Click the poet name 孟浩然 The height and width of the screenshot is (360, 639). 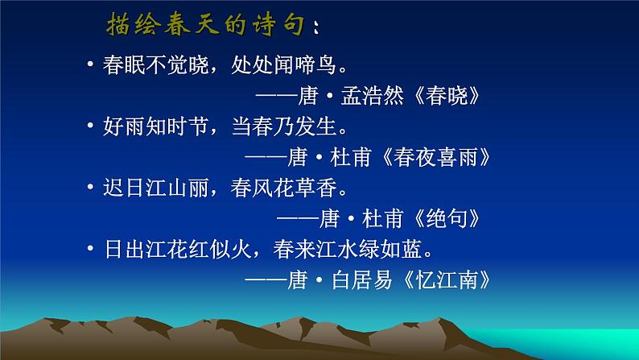point(369,97)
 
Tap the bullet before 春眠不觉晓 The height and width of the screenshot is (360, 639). point(91,66)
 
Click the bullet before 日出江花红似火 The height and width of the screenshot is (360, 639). point(91,248)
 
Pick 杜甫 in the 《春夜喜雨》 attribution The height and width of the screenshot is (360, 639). point(358,156)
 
